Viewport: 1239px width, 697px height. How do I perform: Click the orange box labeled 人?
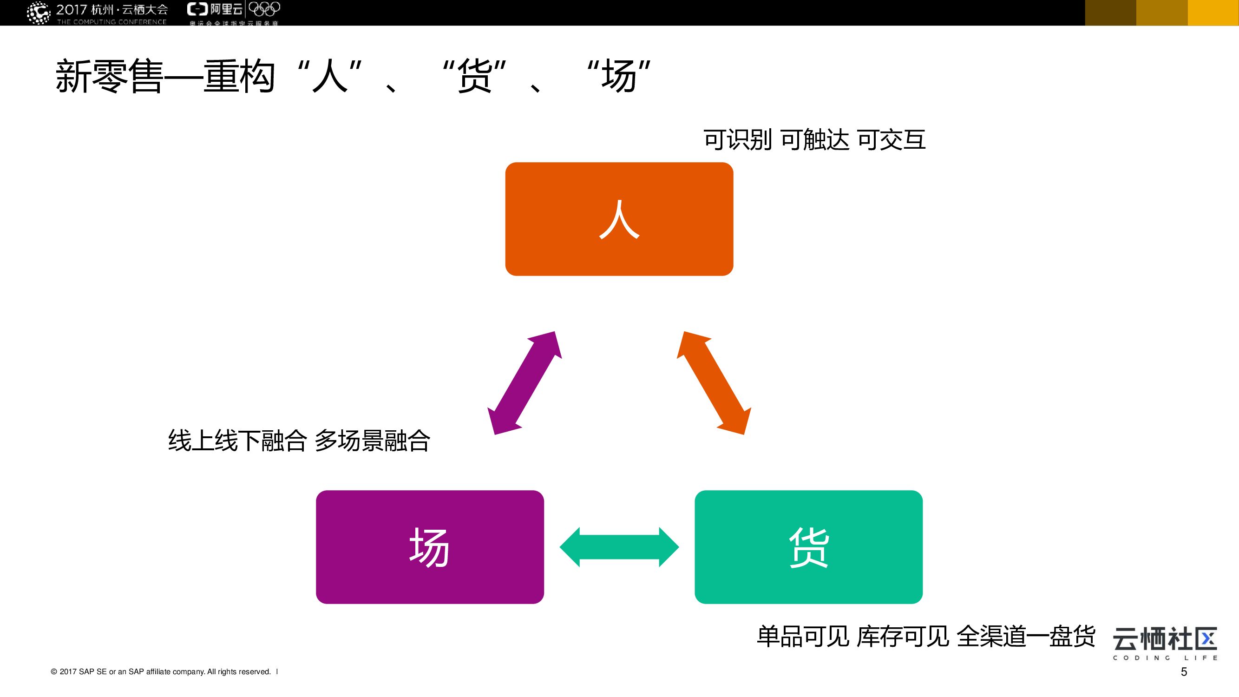pos(619,219)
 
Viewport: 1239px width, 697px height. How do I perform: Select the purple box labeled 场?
pos(430,547)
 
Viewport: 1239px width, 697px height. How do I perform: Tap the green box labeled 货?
pos(808,547)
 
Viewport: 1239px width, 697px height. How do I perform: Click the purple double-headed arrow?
pos(525,383)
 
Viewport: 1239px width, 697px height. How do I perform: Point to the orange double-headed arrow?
pos(714,383)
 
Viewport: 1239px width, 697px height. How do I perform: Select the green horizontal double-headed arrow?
pos(619,547)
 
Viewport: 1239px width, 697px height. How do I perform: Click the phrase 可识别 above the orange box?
pos(737,140)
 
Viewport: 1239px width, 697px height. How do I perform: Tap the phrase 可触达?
pos(814,140)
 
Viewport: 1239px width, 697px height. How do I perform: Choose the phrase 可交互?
pos(891,140)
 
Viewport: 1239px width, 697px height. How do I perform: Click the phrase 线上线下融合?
pos(237,440)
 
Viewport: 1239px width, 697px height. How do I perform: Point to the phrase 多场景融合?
pos(372,440)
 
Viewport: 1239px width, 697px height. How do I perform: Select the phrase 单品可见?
pos(803,636)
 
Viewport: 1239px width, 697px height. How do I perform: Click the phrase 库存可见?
pos(903,636)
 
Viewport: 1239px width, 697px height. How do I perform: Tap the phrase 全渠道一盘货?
pos(1026,636)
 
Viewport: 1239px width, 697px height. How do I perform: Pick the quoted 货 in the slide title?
pos(474,76)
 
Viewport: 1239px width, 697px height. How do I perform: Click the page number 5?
pos(1184,672)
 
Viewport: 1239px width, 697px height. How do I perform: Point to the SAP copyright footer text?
pos(161,672)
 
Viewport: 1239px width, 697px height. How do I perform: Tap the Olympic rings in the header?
pos(264,9)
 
